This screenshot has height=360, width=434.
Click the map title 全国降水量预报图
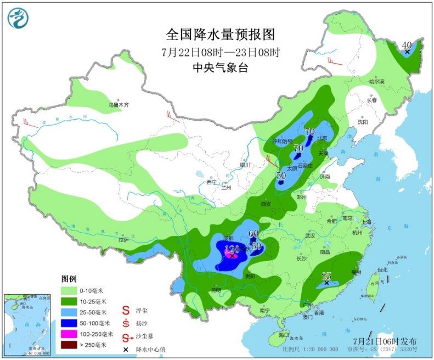(x=219, y=35)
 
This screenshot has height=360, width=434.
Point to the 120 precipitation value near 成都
(x=232, y=249)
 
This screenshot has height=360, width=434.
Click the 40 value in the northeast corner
(x=407, y=45)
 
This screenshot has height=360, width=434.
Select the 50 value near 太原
(x=281, y=176)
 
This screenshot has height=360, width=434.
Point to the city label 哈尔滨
(x=377, y=82)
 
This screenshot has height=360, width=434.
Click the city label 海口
(x=283, y=335)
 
